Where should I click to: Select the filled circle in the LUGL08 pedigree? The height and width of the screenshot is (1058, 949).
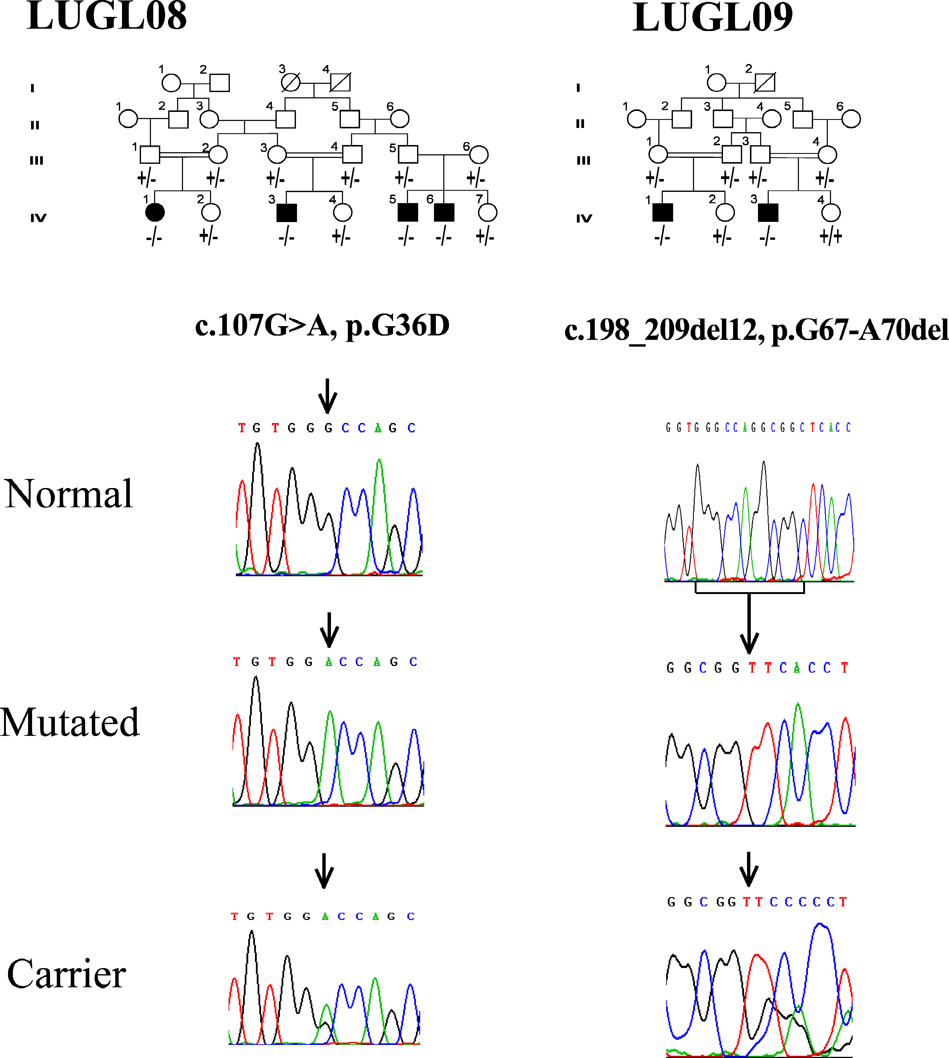[x=155, y=212]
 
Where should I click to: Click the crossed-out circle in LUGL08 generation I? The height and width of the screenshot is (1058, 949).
[x=290, y=82]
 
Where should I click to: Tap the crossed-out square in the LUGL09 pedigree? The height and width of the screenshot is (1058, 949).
[x=765, y=82]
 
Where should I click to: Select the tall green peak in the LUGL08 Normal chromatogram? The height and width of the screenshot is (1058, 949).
[x=380, y=464]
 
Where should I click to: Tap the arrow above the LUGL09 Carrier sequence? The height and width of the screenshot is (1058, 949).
[x=749, y=869]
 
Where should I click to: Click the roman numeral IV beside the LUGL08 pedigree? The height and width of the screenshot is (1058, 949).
[x=38, y=218]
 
